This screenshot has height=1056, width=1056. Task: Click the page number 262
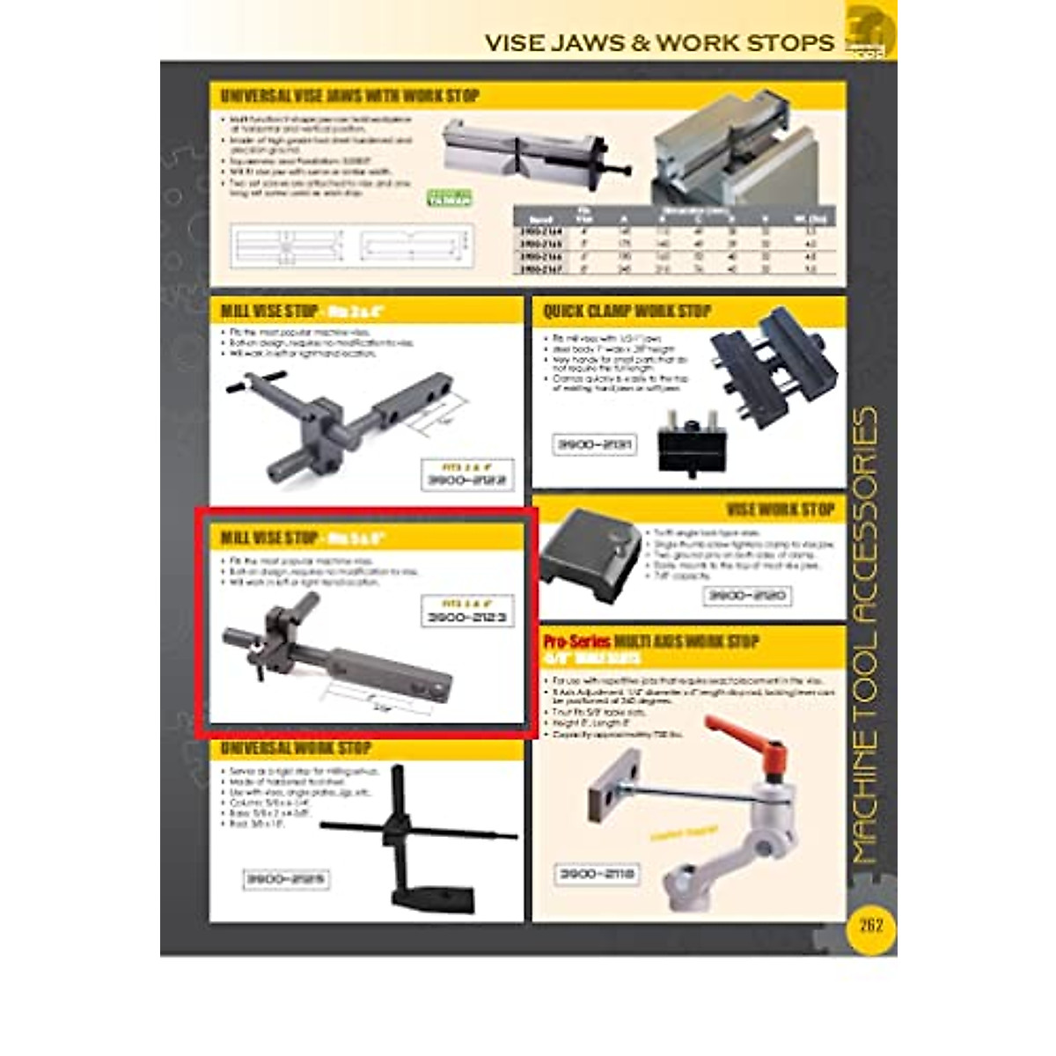pos(870,925)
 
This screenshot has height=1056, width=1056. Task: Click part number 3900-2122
pos(466,480)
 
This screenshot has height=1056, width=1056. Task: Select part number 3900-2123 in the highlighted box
pos(466,617)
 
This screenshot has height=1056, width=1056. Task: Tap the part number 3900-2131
pos(594,445)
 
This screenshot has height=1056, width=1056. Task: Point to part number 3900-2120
pos(747,596)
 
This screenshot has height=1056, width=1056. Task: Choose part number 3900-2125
pos(285,879)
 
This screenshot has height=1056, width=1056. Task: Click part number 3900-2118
pos(597,874)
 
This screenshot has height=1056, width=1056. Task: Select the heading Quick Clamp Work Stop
pos(627,312)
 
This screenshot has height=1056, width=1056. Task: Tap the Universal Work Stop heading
pos(296,749)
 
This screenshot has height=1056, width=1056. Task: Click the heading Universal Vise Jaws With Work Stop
pos(349,96)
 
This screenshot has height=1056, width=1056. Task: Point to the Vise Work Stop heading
pos(780,510)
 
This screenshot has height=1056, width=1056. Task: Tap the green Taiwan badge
pos(450,198)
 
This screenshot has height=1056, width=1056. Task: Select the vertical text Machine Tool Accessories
pos(864,634)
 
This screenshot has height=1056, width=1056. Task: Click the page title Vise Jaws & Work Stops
pos(659,42)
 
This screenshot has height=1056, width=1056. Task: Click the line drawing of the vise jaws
pos(350,246)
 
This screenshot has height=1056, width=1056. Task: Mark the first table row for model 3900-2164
pos(673,231)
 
